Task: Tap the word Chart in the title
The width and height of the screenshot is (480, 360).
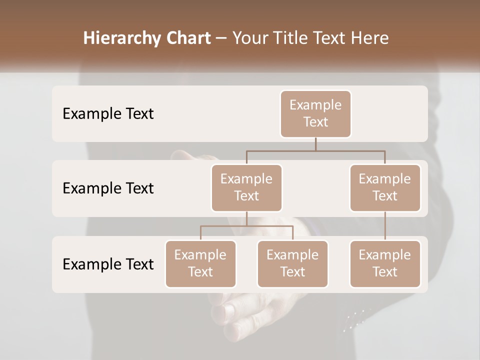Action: (x=188, y=38)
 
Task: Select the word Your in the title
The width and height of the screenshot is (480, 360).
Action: (x=251, y=38)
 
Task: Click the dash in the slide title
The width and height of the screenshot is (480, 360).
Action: (x=221, y=38)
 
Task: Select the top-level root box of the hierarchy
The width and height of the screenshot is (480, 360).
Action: (x=315, y=113)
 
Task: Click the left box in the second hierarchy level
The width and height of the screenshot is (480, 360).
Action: (x=246, y=187)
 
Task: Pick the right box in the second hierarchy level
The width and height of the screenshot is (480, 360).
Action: (x=385, y=187)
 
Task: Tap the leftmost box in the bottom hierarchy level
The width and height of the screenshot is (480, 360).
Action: (x=200, y=263)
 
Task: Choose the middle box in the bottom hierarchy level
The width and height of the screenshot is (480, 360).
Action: (x=292, y=263)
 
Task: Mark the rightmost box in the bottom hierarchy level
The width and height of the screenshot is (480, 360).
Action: (x=385, y=263)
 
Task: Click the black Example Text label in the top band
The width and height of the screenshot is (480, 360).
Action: (x=108, y=114)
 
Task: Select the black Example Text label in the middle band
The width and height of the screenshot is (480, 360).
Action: (x=108, y=188)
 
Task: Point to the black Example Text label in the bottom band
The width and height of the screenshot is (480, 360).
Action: (x=108, y=264)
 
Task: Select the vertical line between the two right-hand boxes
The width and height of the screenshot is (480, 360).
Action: (x=385, y=226)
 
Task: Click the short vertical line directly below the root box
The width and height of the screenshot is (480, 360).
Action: (x=315, y=144)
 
